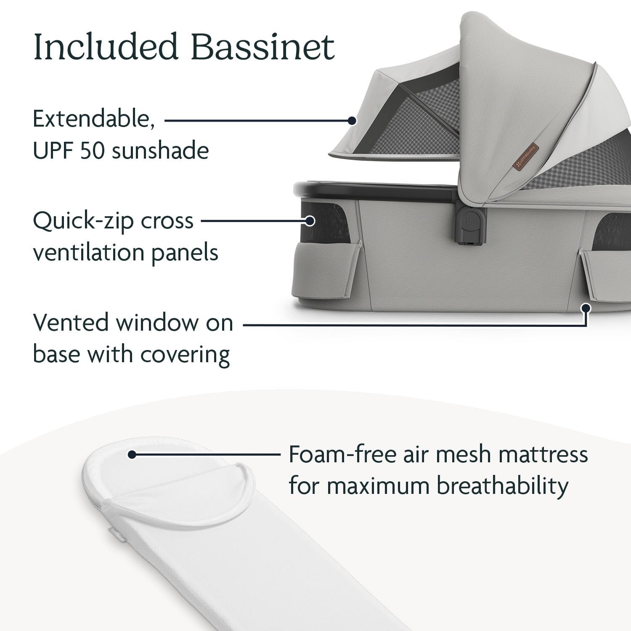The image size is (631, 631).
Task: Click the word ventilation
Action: point(88,252)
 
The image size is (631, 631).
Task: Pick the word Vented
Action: point(70,323)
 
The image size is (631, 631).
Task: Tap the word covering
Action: point(185,355)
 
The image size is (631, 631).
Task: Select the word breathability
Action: point(502,486)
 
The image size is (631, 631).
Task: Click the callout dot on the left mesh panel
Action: point(310,220)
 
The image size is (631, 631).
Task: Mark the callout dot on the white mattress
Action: point(132,454)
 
